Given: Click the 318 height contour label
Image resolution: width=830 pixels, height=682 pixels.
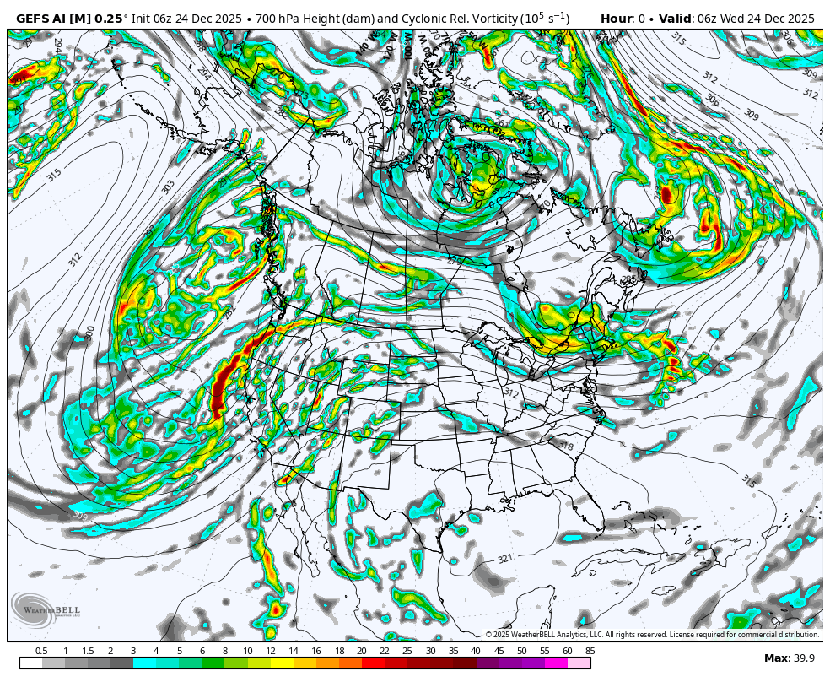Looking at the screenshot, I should [565, 445].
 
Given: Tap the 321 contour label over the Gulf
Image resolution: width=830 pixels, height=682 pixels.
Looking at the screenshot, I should [504, 559].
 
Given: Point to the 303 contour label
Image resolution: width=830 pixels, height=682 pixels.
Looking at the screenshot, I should [168, 187].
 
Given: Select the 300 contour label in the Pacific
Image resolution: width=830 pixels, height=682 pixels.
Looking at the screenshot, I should [90, 333].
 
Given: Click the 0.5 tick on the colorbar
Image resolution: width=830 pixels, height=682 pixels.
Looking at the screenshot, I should [41, 651].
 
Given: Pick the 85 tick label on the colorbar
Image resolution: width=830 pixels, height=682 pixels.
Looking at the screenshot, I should [590, 651].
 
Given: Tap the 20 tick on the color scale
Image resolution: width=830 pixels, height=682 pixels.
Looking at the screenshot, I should [361, 651].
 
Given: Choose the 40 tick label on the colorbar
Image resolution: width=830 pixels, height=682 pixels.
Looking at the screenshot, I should [476, 651].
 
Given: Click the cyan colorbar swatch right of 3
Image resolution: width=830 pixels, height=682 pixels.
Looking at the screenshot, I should [144, 663].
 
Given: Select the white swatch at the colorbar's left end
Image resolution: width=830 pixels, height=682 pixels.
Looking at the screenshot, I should [30, 663].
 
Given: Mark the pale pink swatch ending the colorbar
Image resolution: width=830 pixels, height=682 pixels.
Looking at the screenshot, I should [579, 663].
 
